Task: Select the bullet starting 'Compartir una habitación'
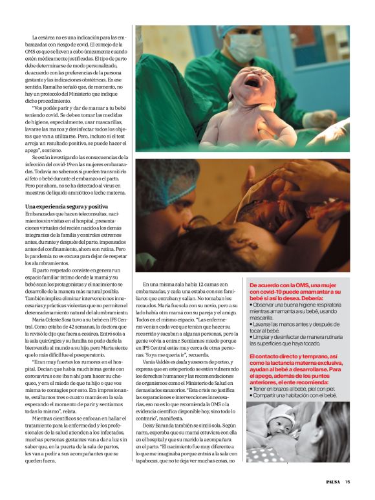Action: [294, 395]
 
